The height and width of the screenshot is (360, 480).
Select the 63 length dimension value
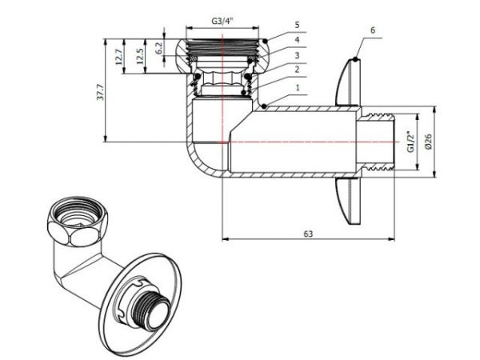pos(308,234)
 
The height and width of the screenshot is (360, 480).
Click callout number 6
pos(374,29)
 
